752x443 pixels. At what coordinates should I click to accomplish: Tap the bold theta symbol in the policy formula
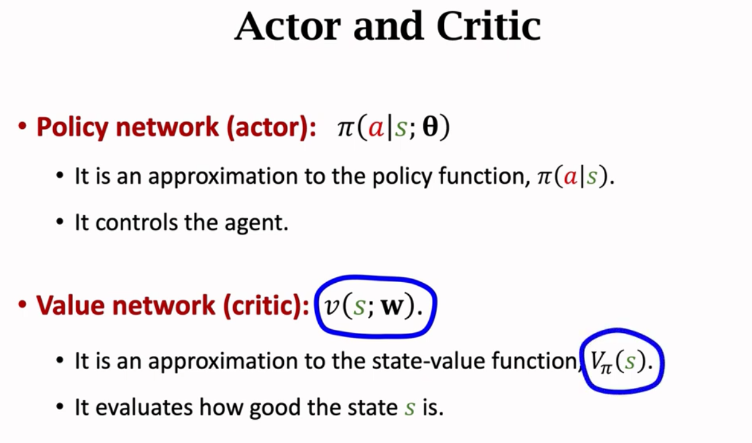429,128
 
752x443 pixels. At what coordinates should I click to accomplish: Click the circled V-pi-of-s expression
619,362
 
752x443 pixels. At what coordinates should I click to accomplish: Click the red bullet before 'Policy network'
23,128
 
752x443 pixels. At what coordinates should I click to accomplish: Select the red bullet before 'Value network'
23,306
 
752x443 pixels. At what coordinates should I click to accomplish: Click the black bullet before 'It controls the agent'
60,223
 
